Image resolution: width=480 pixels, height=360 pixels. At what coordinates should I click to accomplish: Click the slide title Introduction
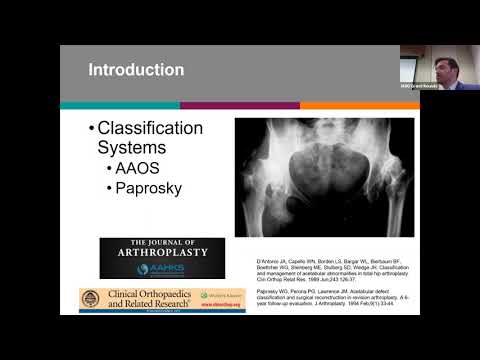pyautogui.click(x=136, y=70)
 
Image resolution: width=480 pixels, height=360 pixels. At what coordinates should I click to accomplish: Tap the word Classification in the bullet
pyautogui.click(x=150, y=128)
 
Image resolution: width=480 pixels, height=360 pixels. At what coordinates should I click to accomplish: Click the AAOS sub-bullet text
pyautogui.click(x=143, y=169)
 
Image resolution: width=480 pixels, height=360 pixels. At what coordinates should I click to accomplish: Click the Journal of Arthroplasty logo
pyautogui.click(x=162, y=258)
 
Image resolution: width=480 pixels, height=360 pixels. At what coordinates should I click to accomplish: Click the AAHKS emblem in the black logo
pyautogui.click(x=143, y=269)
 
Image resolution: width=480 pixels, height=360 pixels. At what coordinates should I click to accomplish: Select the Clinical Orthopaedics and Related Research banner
pyautogui.click(x=162, y=300)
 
